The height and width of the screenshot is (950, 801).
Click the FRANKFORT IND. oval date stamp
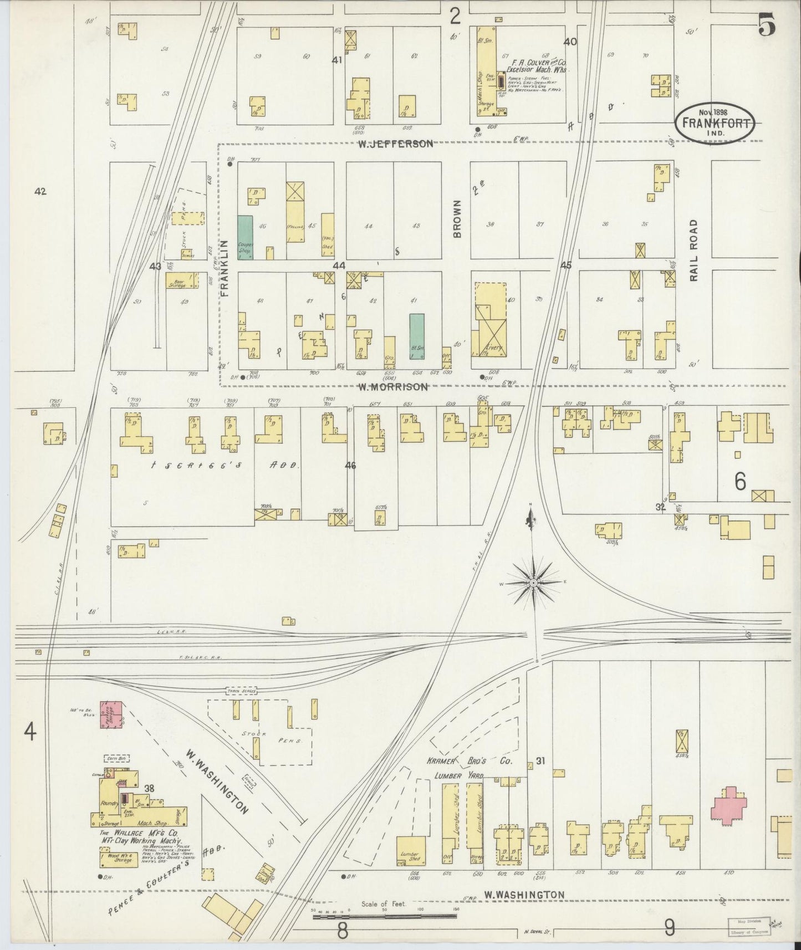coord(715,120)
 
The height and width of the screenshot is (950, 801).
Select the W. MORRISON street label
coord(392,387)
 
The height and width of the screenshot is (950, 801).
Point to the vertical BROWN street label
coord(457,219)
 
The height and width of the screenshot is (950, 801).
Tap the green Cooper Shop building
coord(245,237)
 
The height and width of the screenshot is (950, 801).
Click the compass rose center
coord(533,583)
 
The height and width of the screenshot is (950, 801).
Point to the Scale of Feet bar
coord(384,913)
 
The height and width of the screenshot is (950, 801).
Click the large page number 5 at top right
coord(767,25)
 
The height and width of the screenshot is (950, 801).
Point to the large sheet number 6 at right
coord(741,483)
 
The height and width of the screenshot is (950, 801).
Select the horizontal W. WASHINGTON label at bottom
coord(524,894)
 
